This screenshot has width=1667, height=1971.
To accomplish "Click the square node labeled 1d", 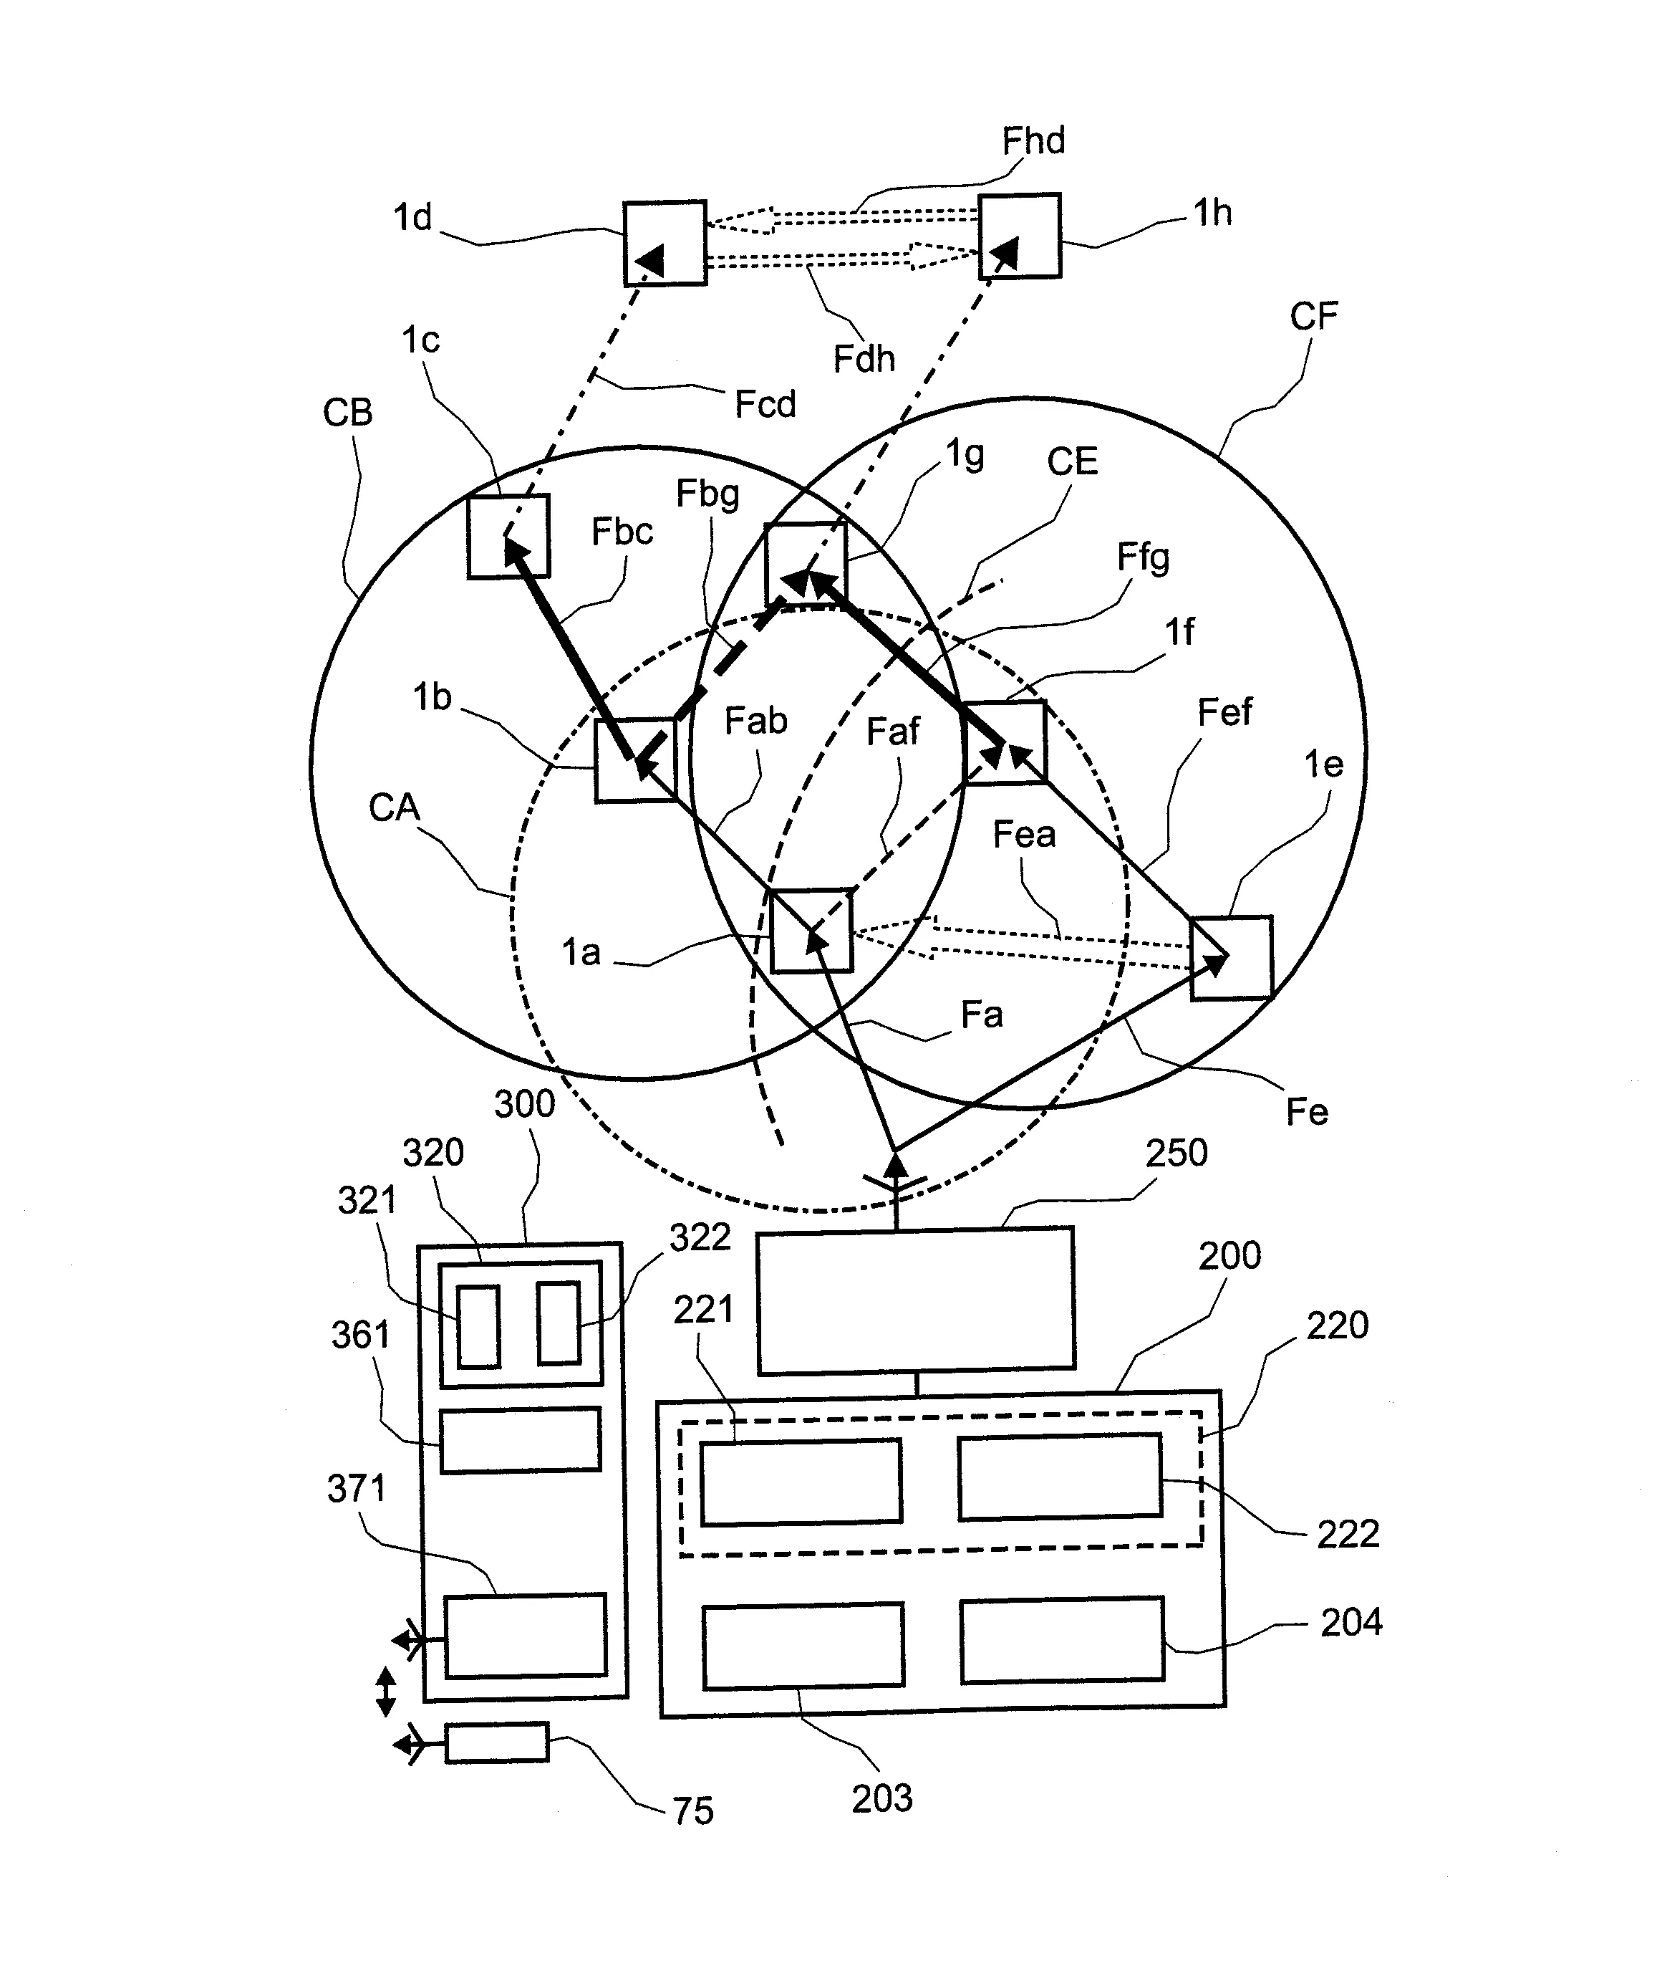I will [665, 243].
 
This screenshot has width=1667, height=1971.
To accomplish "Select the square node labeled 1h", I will [1019, 236].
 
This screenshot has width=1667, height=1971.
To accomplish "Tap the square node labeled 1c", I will [508, 536].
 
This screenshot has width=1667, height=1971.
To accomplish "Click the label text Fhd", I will [1033, 141].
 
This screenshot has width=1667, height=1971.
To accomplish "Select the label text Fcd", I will [765, 405].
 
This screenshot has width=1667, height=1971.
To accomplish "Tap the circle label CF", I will [1313, 317].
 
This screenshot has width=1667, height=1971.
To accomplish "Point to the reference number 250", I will [1176, 1154].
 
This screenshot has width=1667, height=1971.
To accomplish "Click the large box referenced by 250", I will [916, 1299].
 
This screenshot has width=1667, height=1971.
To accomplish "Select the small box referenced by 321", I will [478, 1325].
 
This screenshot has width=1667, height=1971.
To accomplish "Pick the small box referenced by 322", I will [559, 1323].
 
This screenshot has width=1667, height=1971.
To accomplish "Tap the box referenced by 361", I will [521, 1439].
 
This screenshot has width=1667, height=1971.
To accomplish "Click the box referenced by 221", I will [801, 1482].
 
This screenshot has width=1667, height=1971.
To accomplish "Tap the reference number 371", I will [357, 1489].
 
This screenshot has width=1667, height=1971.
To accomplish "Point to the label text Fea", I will [1023, 835].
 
